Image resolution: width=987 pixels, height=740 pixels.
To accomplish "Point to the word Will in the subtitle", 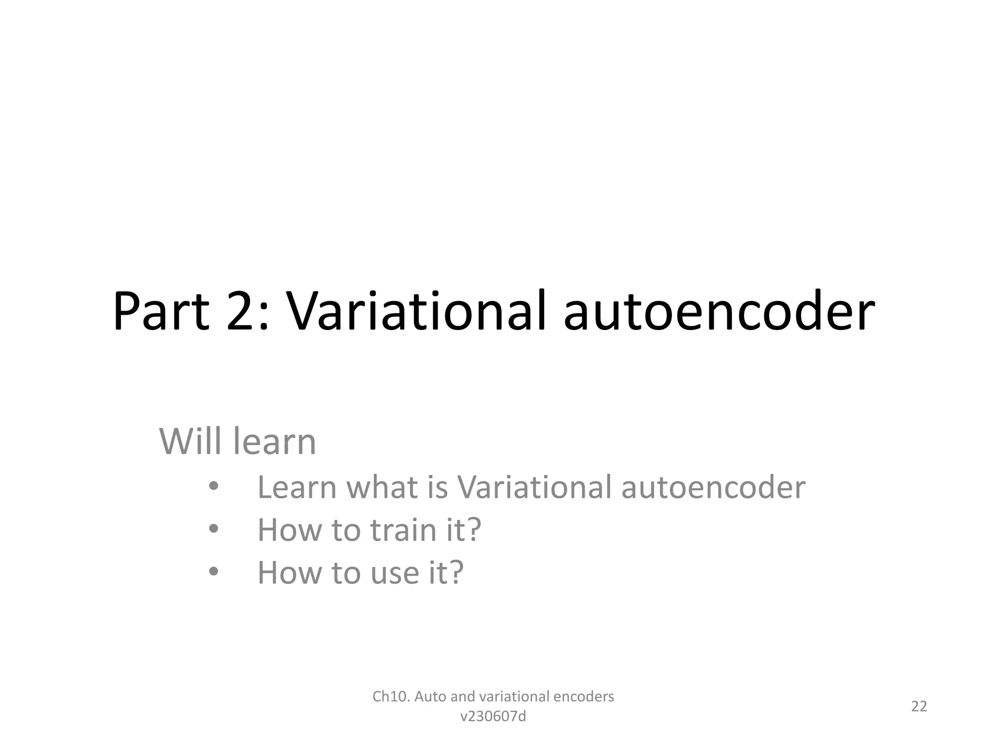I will click(191, 441).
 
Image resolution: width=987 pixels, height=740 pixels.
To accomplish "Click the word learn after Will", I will click(275, 441).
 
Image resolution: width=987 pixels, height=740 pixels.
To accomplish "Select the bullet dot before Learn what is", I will click(214, 487).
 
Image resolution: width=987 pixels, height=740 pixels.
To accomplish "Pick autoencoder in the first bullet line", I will click(713, 488).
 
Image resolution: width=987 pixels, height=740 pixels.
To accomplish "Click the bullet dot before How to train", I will click(214, 529).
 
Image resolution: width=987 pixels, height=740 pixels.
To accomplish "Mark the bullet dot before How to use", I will click(214, 572).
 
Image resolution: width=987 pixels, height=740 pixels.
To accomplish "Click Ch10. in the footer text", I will click(391, 697).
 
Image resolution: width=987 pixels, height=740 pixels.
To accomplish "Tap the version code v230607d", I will click(493, 717).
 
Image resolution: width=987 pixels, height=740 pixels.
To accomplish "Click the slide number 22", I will click(919, 706).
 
